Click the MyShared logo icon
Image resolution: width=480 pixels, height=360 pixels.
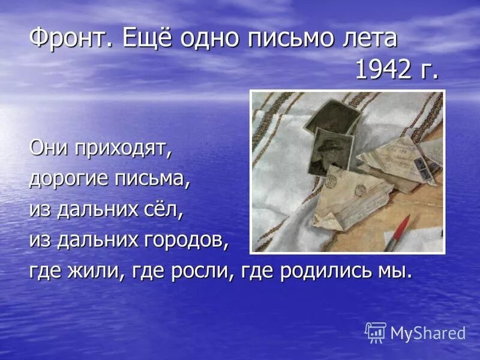pos(376,332)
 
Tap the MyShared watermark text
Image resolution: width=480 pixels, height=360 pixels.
pos(428,333)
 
